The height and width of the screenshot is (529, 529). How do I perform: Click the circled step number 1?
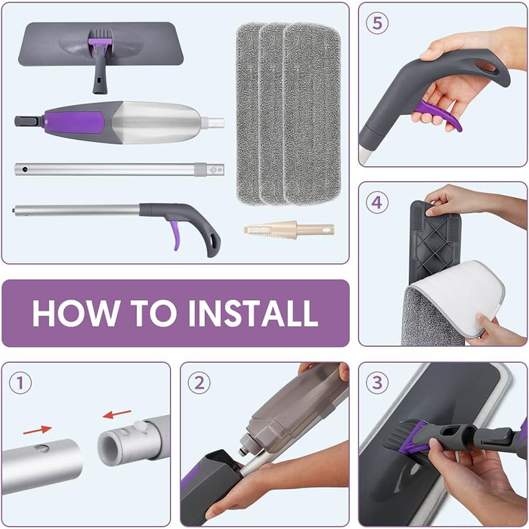click(20, 383)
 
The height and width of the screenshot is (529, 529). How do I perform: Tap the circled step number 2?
click(198, 383)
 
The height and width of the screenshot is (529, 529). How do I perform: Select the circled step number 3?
click(376, 383)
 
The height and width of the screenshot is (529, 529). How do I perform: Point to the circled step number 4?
click(376, 203)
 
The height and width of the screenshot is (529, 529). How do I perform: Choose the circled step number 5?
click(376, 23)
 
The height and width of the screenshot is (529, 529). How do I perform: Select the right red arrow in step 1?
click(117, 414)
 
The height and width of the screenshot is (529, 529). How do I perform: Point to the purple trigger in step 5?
click(443, 115)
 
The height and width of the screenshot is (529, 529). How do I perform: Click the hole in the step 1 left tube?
click(43, 448)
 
